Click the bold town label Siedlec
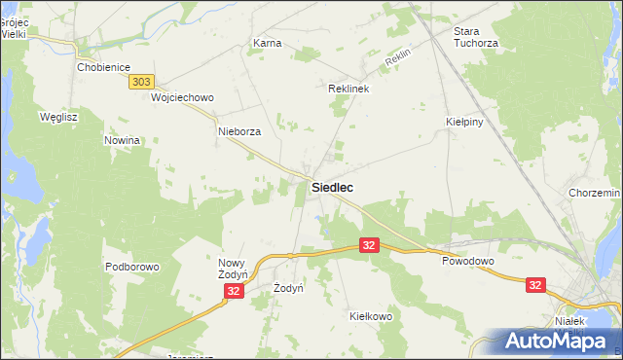coord(332,187)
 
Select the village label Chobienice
coord(104,67)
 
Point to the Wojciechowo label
coord(182,98)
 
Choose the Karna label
coord(267,44)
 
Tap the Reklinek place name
coord(348,89)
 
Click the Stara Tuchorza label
coord(475,37)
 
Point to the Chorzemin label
coord(595,194)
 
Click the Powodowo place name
coord(468,262)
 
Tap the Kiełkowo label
coord(370,316)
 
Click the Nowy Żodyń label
coord(234,269)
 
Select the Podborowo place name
coord(131,267)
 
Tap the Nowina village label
coord(124,140)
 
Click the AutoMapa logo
coord(555,341)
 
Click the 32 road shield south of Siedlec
coord(368,246)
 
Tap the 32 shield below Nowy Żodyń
coord(233,291)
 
